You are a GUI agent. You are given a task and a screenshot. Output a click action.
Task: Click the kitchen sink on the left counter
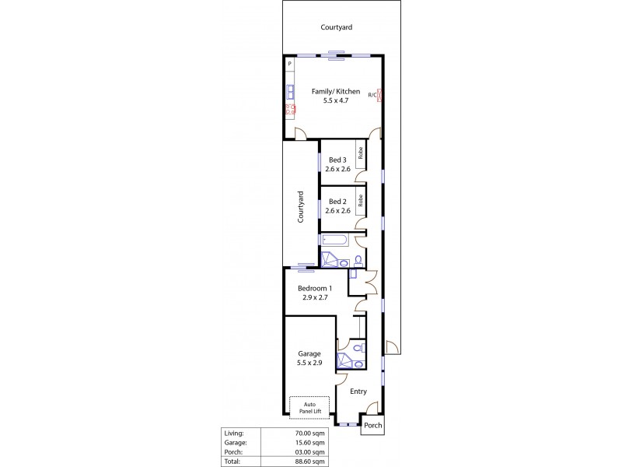[289, 90]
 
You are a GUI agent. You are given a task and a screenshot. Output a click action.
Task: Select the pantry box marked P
[289, 63]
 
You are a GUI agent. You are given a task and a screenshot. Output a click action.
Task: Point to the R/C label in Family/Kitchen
[372, 95]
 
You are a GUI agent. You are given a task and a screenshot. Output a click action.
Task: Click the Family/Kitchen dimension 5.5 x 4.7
[336, 101]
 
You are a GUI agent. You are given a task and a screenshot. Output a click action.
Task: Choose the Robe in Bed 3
[361, 153]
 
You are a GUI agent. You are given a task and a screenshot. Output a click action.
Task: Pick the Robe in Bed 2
[361, 199]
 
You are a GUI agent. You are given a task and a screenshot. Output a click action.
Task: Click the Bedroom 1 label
[315, 288]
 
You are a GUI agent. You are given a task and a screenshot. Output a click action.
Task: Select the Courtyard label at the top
[336, 27]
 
